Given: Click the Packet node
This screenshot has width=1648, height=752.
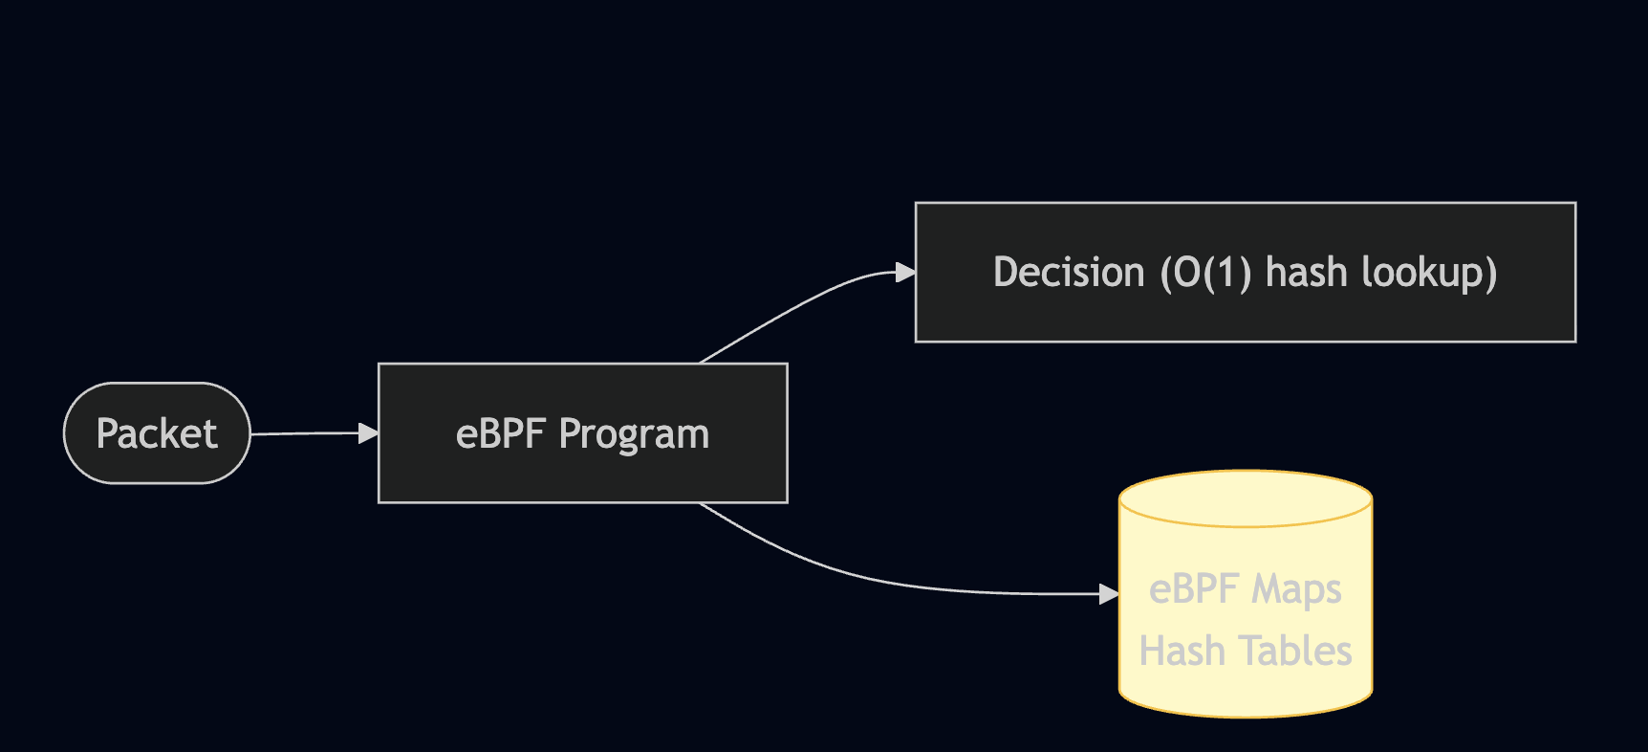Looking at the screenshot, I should click(x=157, y=433).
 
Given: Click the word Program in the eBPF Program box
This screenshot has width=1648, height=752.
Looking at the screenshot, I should click(x=634, y=435).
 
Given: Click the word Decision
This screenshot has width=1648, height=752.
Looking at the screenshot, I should click(x=1069, y=273).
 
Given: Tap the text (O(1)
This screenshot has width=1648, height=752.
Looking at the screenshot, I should click(x=1205, y=273).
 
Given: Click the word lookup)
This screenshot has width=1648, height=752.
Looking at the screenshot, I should click(x=1429, y=274).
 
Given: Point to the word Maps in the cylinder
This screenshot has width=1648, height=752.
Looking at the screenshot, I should click(x=1296, y=590).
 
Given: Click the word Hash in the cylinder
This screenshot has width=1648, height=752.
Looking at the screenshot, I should click(x=1182, y=652).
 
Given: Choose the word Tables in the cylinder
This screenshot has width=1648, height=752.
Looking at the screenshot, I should click(x=1296, y=652).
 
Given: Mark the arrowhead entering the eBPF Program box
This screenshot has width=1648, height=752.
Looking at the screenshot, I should click(x=368, y=433).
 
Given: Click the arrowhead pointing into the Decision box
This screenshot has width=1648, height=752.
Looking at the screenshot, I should click(x=904, y=273).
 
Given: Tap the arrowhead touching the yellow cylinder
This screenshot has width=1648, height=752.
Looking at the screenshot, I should click(x=1109, y=594).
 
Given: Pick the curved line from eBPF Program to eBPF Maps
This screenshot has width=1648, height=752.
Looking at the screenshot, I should click(x=860, y=575).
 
